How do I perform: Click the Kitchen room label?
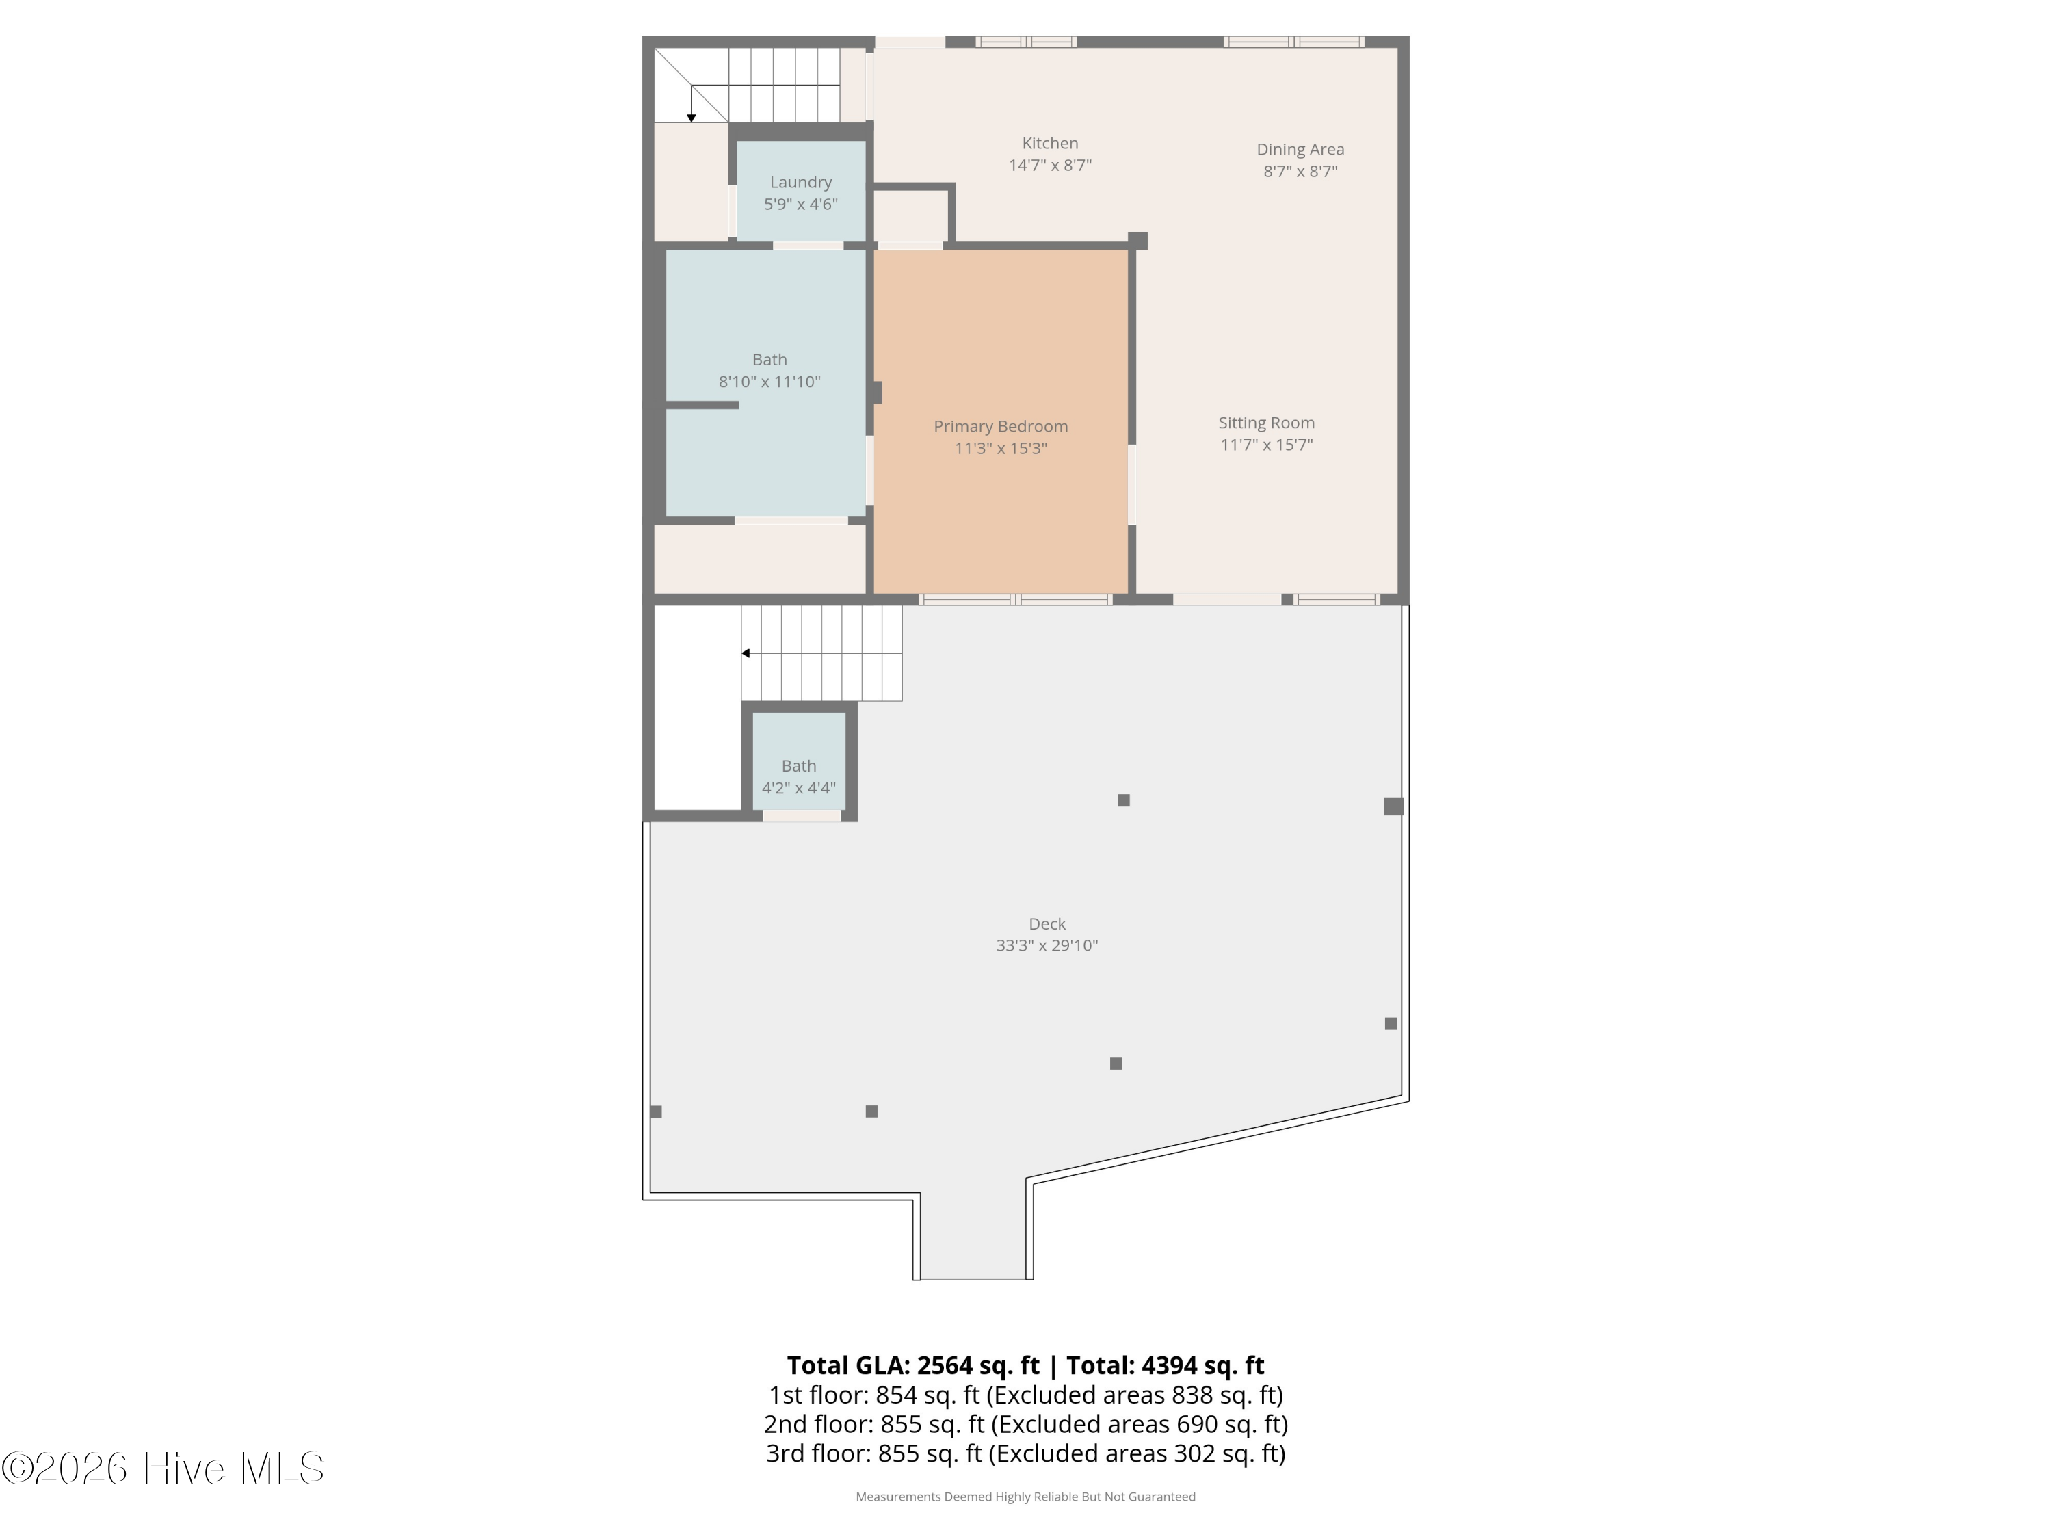point(1050,144)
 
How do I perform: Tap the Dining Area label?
point(1300,149)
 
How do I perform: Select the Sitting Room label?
point(1266,423)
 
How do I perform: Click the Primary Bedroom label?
point(1000,427)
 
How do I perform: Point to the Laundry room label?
point(800,183)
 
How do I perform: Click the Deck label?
point(1047,924)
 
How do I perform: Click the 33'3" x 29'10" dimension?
point(1047,946)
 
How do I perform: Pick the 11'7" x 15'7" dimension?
point(1266,445)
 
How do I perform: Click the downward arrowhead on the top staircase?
point(691,118)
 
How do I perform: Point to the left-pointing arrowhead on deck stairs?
point(745,653)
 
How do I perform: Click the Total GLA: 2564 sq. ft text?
point(913,1365)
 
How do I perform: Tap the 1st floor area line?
point(1025,1395)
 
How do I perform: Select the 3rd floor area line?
point(1025,1453)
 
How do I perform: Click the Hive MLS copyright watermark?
point(162,1469)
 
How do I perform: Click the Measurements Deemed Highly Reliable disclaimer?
point(1025,1497)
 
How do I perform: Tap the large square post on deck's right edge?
point(1393,806)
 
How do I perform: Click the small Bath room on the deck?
point(799,766)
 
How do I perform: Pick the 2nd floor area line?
point(1025,1424)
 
